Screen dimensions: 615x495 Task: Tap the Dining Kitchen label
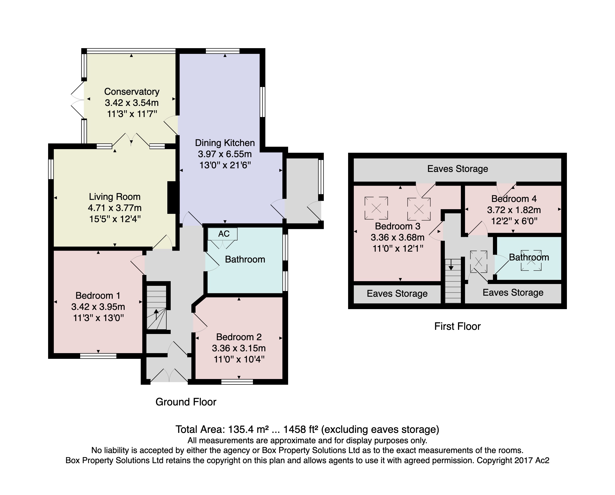[x=225, y=143]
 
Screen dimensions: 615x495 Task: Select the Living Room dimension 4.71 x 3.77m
[x=115, y=208]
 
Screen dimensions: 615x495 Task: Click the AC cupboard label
[x=224, y=234]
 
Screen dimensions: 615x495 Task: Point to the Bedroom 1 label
[x=98, y=295]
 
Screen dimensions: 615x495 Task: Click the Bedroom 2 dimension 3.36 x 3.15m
[x=239, y=348]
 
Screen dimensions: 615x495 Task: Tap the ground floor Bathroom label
[x=245, y=259]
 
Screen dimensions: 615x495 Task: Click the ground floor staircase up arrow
[x=156, y=315]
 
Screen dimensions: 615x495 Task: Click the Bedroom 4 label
[x=514, y=199]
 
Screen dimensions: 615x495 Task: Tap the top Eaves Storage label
[x=458, y=169]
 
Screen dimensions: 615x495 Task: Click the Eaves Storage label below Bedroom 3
[x=397, y=294]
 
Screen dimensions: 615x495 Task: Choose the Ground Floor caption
[x=186, y=402]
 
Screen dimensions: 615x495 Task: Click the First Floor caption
[x=457, y=326]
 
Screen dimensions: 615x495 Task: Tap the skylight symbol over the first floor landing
[x=479, y=261]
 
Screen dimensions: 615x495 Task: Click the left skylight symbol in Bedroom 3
[x=376, y=208]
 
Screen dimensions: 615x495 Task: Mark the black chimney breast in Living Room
[x=172, y=198]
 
